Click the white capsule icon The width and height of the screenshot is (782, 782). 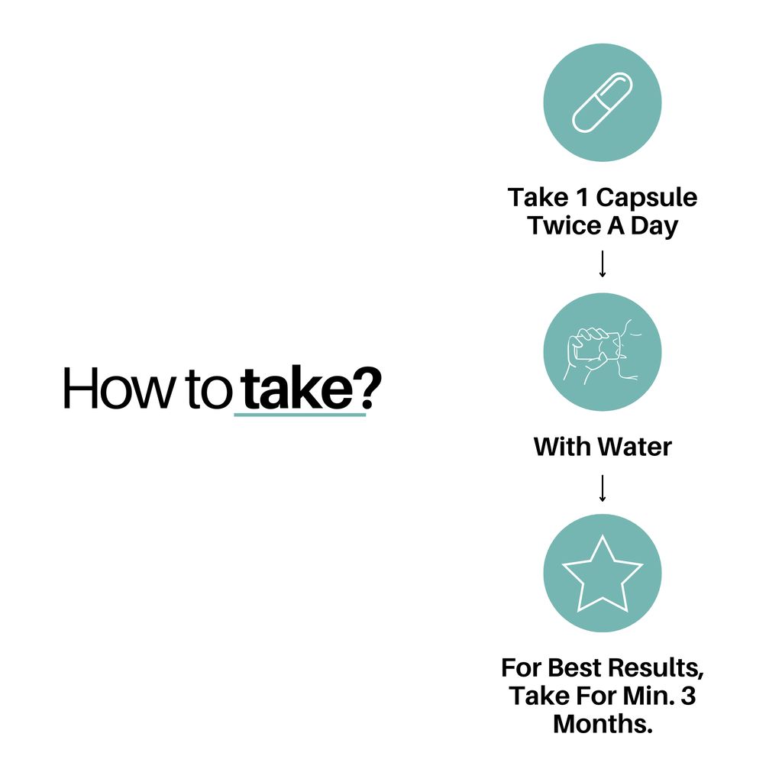602,103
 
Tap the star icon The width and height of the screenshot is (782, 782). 603,574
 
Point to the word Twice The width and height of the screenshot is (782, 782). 564,225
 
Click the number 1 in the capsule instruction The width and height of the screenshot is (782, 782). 582,198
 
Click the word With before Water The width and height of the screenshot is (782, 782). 563,447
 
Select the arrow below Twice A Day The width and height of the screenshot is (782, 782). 603,263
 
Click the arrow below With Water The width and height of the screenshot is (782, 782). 603,488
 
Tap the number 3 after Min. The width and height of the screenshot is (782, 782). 689,696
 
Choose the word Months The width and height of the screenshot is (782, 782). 603,724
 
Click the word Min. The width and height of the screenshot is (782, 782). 649,696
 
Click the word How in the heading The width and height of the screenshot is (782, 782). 118,389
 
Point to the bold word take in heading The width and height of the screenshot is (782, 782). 298,387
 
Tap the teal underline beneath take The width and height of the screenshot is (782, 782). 299,415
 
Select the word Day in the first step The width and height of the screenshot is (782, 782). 654,227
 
